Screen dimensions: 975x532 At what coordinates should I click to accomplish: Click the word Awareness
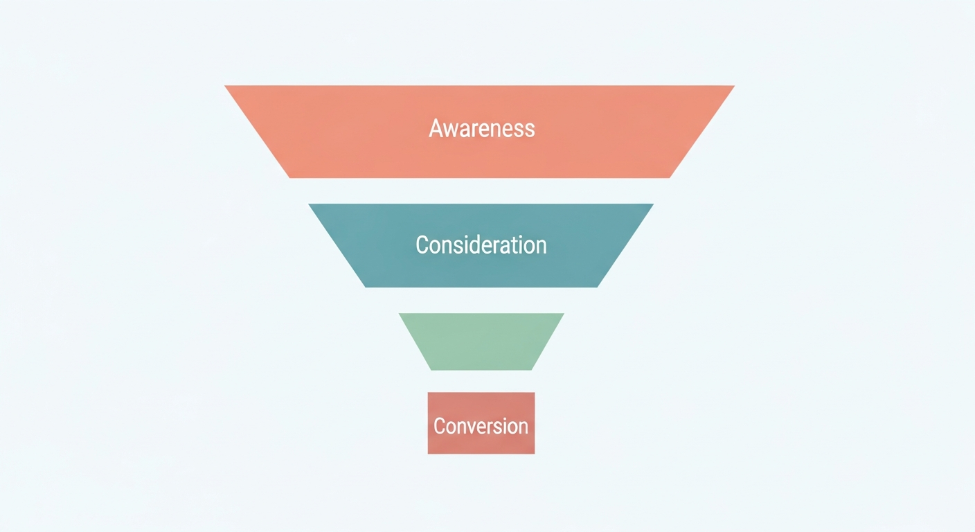coord(482,129)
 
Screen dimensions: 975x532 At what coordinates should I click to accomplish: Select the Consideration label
coord(481,245)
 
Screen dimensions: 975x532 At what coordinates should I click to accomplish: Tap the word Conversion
coord(481,426)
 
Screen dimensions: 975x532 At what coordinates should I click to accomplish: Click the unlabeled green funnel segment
coord(481,342)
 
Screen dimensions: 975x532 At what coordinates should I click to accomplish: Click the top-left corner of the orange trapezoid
coord(224,86)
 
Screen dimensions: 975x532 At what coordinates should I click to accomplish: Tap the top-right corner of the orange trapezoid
coord(735,86)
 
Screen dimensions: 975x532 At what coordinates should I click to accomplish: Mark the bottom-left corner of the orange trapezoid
coord(289,177)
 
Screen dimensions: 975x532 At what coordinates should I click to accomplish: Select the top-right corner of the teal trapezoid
coord(654,204)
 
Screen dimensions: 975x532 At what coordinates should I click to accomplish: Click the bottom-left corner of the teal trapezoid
coord(365,287)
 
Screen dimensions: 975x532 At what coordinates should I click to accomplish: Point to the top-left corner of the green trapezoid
coord(399,314)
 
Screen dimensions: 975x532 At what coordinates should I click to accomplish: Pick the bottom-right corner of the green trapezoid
coord(531,370)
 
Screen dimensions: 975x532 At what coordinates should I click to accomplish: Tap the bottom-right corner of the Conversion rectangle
coord(535,454)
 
